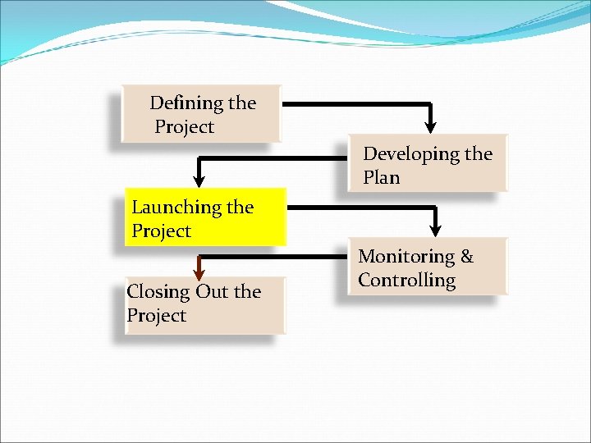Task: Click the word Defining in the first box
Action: pyautogui.click(x=186, y=104)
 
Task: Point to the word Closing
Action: pyautogui.click(x=158, y=292)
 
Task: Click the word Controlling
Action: pyautogui.click(x=406, y=281)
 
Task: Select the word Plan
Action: pyautogui.click(x=382, y=177)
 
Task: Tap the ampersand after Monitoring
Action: pyautogui.click(x=466, y=257)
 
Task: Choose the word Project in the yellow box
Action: pyautogui.click(x=161, y=231)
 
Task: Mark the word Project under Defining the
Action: pyautogui.click(x=184, y=127)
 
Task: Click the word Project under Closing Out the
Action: pyautogui.click(x=156, y=316)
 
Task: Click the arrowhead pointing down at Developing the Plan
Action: pyautogui.click(x=430, y=125)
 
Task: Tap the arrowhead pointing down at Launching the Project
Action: pyautogui.click(x=198, y=179)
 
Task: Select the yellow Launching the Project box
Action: pyautogui.click(x=204, y=218)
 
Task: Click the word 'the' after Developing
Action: pyautogui.click(x=478, y=154)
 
